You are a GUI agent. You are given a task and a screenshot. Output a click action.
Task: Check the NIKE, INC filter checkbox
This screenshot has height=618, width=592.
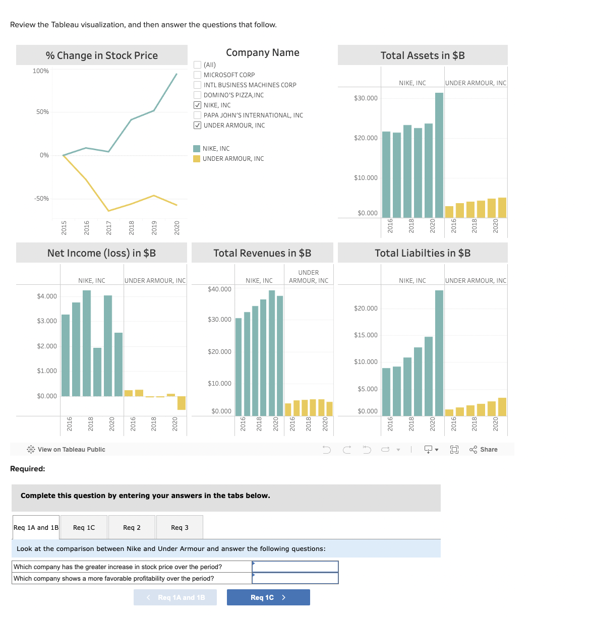pos(198,105)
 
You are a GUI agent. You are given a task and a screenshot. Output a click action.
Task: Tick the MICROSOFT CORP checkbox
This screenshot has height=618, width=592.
pos(198,75)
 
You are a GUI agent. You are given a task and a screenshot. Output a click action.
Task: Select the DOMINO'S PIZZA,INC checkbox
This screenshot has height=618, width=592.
pos(198,95)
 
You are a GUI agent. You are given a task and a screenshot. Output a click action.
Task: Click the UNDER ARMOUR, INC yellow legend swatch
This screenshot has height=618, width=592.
pos(197,159)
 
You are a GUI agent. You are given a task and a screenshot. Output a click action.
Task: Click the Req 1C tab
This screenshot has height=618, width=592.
pos(84,527)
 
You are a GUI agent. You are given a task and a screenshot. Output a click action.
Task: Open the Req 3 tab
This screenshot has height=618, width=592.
pos(180,527)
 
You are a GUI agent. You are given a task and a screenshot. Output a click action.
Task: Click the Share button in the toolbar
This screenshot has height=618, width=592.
pos(484,450)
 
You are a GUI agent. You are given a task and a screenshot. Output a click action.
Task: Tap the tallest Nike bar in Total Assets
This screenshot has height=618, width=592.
pos(439,155)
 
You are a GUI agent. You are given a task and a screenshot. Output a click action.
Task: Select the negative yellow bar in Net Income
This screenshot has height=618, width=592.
pos(182,403)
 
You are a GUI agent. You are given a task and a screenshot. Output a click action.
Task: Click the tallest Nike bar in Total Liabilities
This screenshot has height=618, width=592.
pos(439,353)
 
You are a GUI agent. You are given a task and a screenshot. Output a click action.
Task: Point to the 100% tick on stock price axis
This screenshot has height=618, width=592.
pos(41,71)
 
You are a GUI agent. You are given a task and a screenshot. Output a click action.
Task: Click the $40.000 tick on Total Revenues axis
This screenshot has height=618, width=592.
pos(219,289)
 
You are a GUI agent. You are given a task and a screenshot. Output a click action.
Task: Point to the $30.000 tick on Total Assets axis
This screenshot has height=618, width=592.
pos(366,98)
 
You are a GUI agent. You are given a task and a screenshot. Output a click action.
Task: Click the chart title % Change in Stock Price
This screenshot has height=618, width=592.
pos(102,55)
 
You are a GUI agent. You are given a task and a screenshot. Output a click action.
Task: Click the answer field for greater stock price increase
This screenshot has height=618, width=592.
pos(295,567)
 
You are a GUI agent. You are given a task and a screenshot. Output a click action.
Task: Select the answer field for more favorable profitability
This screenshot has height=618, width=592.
pos(295,579)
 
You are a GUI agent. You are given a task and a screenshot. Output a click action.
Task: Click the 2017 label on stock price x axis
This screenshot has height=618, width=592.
pos(109,227)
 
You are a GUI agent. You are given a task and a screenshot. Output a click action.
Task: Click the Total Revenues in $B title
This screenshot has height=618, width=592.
pos(262,253)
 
